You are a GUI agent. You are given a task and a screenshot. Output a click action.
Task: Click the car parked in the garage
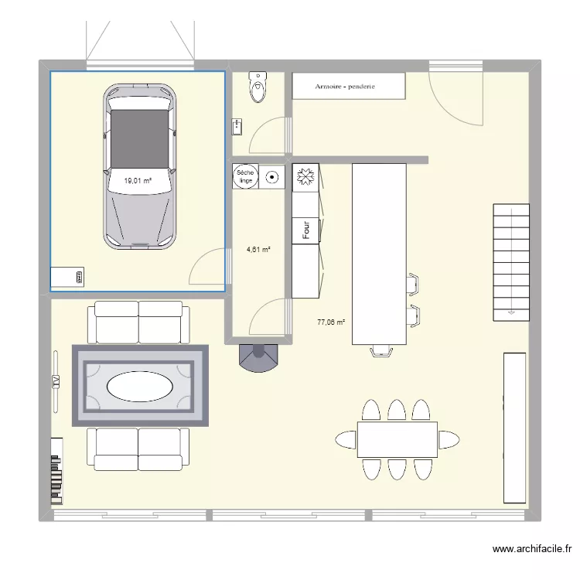point(139,166)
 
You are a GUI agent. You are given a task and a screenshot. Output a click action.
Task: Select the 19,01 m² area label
point(138,181)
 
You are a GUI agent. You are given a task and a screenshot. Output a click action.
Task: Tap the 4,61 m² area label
point(258,250)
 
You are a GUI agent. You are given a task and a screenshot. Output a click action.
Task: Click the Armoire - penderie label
point(345,87)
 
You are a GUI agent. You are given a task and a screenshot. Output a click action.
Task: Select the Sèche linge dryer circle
point(245,177)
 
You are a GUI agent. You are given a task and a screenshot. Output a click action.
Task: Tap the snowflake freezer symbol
point(305,176)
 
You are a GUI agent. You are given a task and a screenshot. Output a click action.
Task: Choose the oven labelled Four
point(306,230)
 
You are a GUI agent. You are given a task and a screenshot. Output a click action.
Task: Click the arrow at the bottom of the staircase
point(510,312)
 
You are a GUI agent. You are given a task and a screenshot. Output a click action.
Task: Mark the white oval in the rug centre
point(140,387)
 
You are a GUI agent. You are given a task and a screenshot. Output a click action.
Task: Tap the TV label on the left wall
point(56,380)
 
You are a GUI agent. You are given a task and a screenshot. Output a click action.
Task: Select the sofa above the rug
point(139,322)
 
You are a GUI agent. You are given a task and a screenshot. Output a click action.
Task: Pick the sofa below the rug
point(138,449)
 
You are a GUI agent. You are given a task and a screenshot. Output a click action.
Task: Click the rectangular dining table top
point(397,439)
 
